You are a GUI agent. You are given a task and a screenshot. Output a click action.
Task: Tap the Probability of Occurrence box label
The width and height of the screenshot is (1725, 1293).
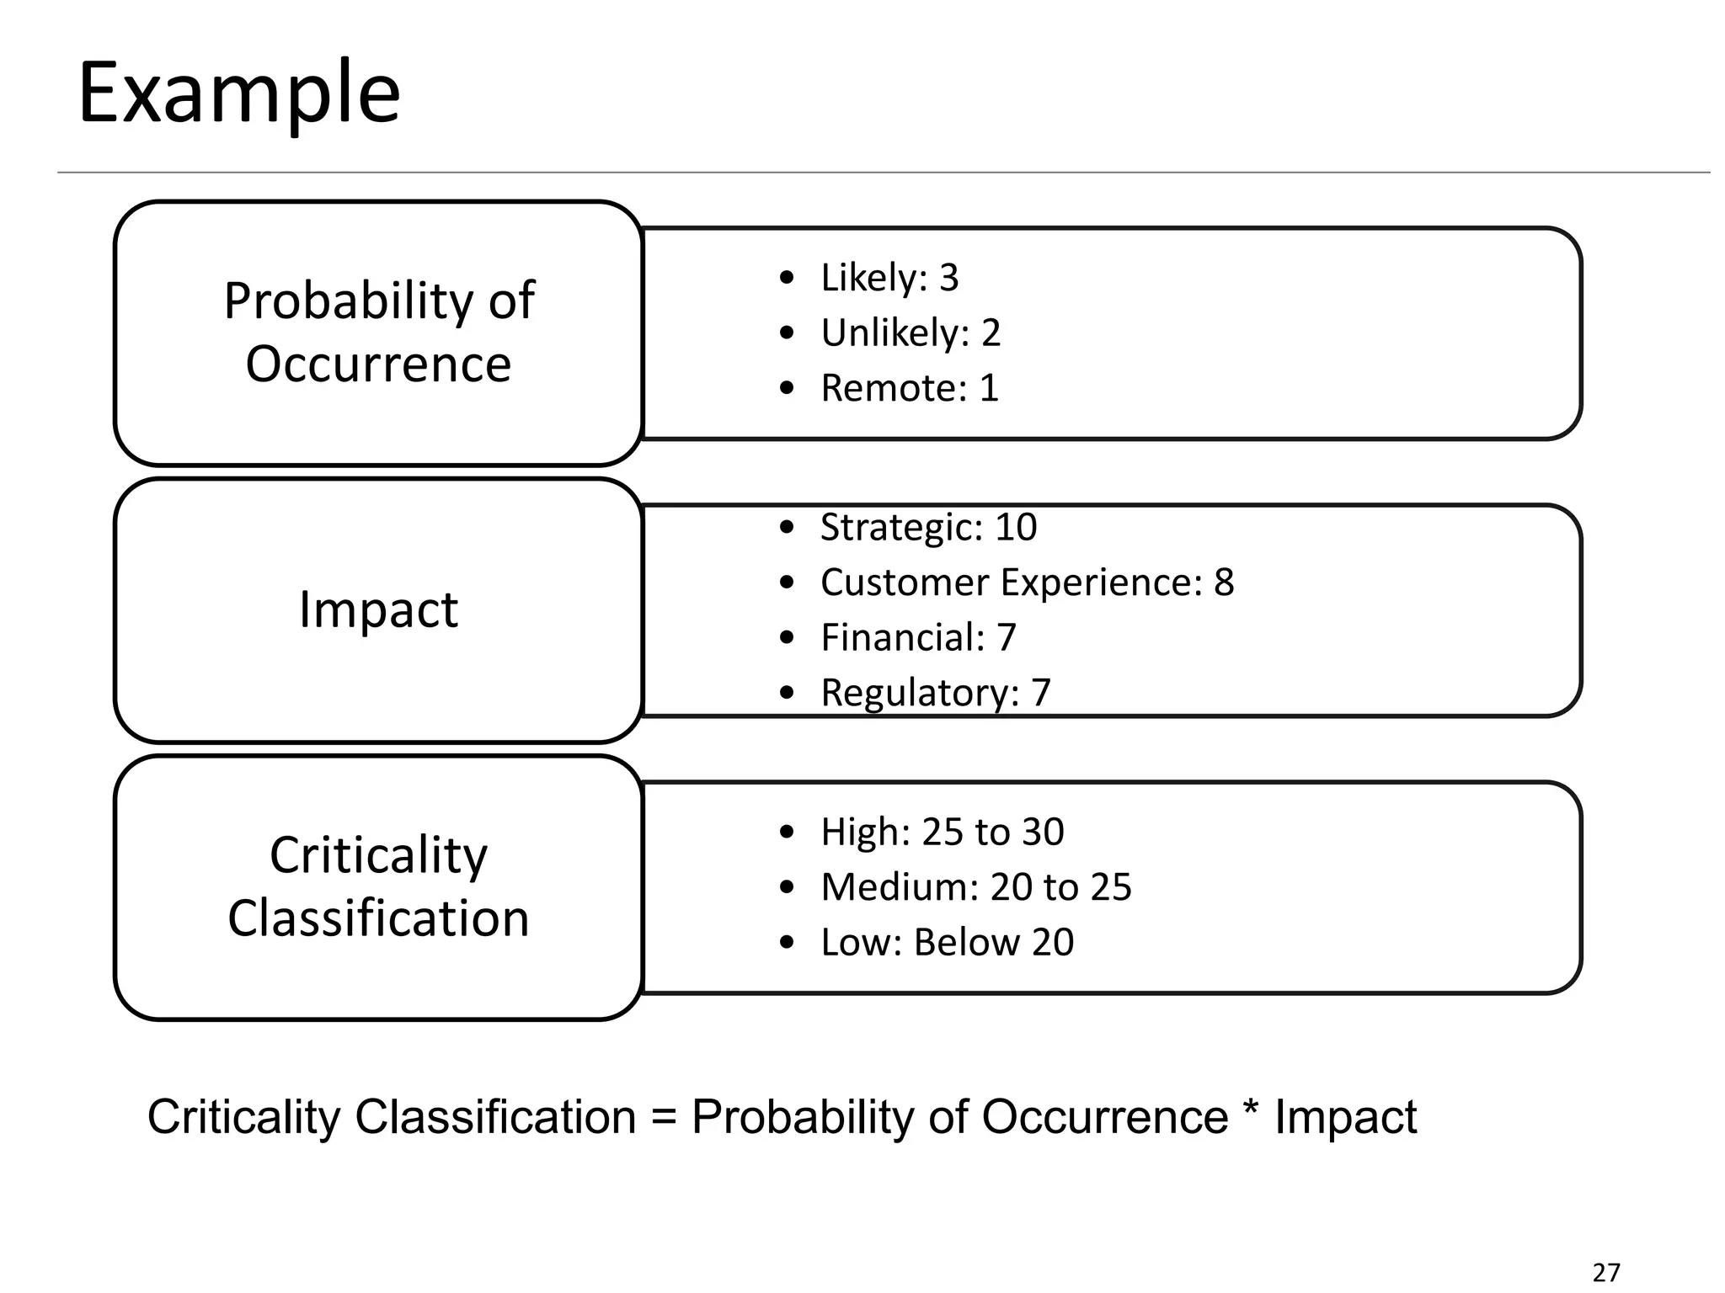point(378,332)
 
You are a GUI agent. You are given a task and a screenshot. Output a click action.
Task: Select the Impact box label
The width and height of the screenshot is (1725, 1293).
point(378,609)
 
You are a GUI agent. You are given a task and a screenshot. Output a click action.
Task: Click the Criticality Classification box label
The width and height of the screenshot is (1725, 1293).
point(378,886)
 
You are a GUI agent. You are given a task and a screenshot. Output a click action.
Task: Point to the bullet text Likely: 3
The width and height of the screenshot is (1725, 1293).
point(889,278)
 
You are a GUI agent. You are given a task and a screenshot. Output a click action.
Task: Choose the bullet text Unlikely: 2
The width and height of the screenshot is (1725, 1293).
point(910,333)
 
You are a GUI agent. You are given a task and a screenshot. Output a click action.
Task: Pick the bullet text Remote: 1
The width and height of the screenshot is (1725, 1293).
point(909,388)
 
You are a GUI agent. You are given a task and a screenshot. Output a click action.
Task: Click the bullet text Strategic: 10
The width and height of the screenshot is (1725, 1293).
point(928,528)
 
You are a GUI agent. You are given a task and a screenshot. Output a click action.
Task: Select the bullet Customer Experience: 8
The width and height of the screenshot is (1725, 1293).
point(1027,583)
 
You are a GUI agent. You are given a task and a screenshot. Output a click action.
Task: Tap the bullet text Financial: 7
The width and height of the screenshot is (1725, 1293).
point(918,637)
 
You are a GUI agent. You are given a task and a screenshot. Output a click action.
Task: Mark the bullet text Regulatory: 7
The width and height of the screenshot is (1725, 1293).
point(935,693)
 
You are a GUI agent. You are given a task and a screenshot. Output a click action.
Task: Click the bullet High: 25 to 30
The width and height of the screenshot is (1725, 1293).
point(942,832)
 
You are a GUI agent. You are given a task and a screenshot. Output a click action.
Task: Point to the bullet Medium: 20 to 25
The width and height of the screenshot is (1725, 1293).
point(975,887)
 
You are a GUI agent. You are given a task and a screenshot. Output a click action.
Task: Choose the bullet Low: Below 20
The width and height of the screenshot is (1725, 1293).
point(947,942)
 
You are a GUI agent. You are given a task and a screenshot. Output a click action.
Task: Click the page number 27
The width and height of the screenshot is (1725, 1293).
point(1606,1272)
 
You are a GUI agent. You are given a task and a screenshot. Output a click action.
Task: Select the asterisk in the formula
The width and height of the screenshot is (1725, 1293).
point(1251,1111)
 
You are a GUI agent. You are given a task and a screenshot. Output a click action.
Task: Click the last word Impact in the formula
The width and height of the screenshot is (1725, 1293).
point(1345,1118)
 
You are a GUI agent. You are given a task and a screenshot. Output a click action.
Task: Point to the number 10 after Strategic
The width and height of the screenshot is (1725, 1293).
point(1016,528)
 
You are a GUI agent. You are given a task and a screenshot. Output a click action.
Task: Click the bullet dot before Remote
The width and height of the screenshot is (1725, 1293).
point(787,389)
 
